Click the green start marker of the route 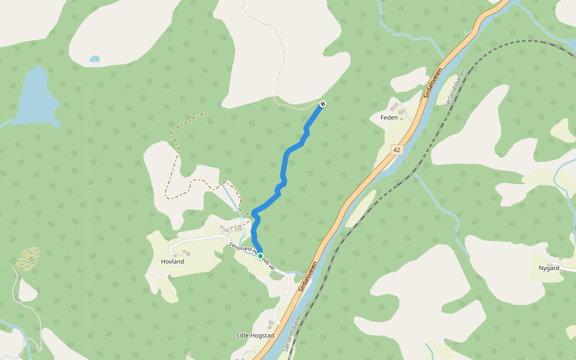261,256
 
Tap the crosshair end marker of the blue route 323,104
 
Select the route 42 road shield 397,149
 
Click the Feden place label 389,118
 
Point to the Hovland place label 172,262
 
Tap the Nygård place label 548,268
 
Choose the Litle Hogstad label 256,335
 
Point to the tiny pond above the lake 94,59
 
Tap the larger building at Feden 394,107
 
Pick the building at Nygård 562,271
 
